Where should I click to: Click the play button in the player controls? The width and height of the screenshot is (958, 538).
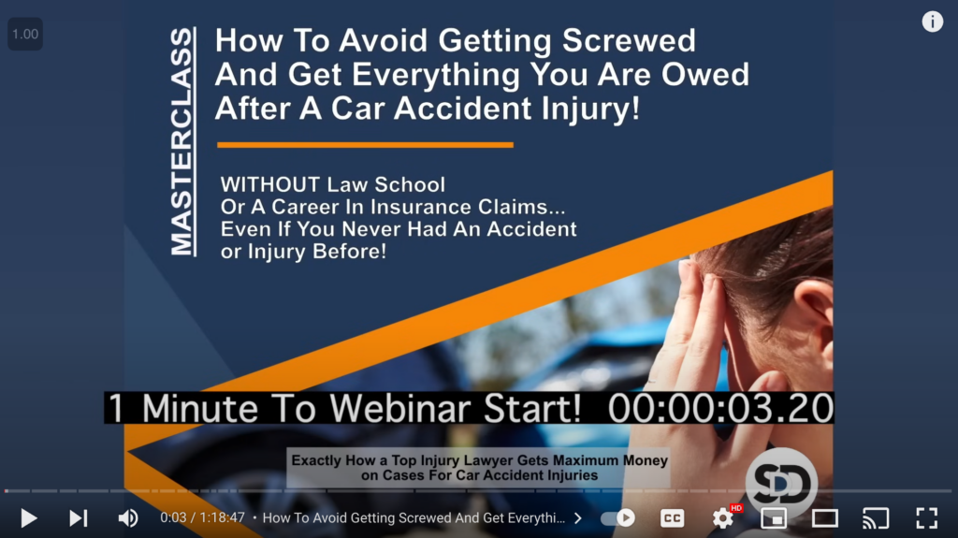28,518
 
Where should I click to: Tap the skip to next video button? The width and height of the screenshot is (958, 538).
79,518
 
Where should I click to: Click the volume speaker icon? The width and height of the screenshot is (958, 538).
127,518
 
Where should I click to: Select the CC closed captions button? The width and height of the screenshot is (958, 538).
672,518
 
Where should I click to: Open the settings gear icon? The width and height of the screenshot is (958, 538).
723,518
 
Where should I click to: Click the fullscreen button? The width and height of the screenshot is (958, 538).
927,518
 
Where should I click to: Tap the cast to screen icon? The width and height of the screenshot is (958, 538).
876,518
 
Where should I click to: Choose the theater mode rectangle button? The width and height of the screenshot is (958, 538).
825,518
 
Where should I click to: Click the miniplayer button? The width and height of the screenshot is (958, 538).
774,518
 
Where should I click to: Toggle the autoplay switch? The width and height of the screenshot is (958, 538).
617,518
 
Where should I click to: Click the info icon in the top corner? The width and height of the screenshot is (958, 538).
933,22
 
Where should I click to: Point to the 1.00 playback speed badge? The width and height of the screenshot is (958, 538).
25,35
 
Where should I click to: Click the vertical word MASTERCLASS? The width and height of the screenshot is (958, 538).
182,142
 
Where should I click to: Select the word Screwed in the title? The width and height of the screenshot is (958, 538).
629,41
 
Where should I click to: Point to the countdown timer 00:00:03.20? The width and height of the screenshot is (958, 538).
720,408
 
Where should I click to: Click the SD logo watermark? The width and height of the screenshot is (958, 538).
781,483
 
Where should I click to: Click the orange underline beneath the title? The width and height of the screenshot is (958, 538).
366,145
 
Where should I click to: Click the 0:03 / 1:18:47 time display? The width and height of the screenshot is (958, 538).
202,517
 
